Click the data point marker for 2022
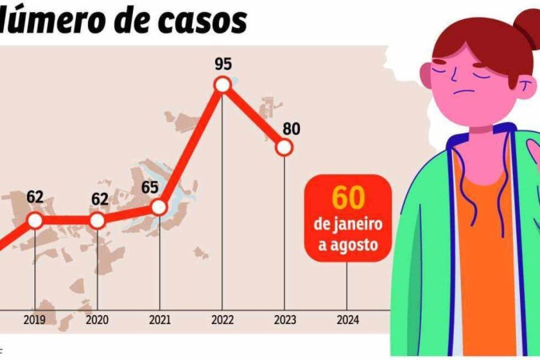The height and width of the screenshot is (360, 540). click(x=222, y=85)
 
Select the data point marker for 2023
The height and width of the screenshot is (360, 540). click(x=284, y=147)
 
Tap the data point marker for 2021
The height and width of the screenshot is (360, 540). click(x=158, y=207)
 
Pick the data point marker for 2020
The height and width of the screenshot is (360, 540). click(x=97, y=220)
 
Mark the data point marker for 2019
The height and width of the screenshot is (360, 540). click(x=34, y=220)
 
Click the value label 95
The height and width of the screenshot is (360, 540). click(x=223, y=63)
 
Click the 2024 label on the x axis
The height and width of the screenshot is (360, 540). click(x=347, y=320)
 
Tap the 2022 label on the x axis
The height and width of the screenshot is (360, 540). click(x=222, y=320)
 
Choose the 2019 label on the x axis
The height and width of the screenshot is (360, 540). click(x=34, y=320)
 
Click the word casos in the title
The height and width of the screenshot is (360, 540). click(x=201, y=21)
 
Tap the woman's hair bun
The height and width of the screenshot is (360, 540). click(x=526, y=30)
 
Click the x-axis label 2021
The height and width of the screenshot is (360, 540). click(x=159, y=320)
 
